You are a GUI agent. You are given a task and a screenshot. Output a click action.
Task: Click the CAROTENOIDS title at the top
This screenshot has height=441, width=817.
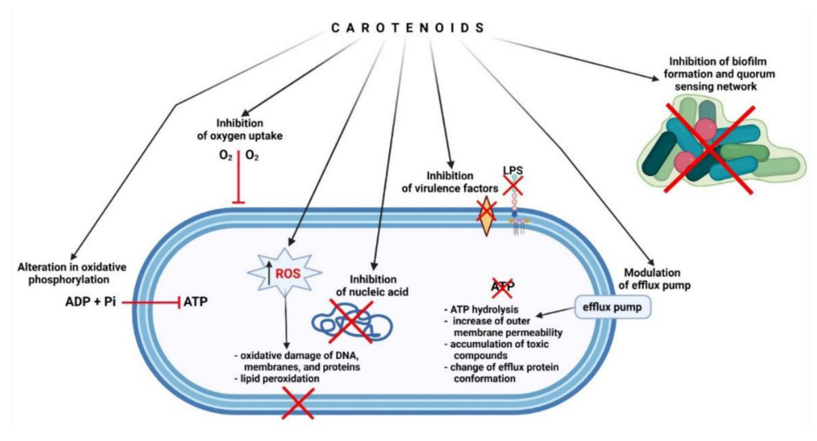tap(408, 28)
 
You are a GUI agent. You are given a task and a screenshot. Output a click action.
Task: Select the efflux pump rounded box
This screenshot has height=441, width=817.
tap(612, 307)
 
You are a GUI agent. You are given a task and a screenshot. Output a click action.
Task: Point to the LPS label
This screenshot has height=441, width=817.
tap(513, 170)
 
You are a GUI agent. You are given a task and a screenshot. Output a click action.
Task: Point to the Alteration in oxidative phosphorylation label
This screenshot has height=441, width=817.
tap(72, 273)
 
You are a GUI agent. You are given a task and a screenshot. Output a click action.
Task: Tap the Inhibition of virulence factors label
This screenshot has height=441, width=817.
tap(450, 182)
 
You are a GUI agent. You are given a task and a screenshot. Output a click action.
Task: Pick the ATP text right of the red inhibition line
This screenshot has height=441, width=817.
tap(196, 301)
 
